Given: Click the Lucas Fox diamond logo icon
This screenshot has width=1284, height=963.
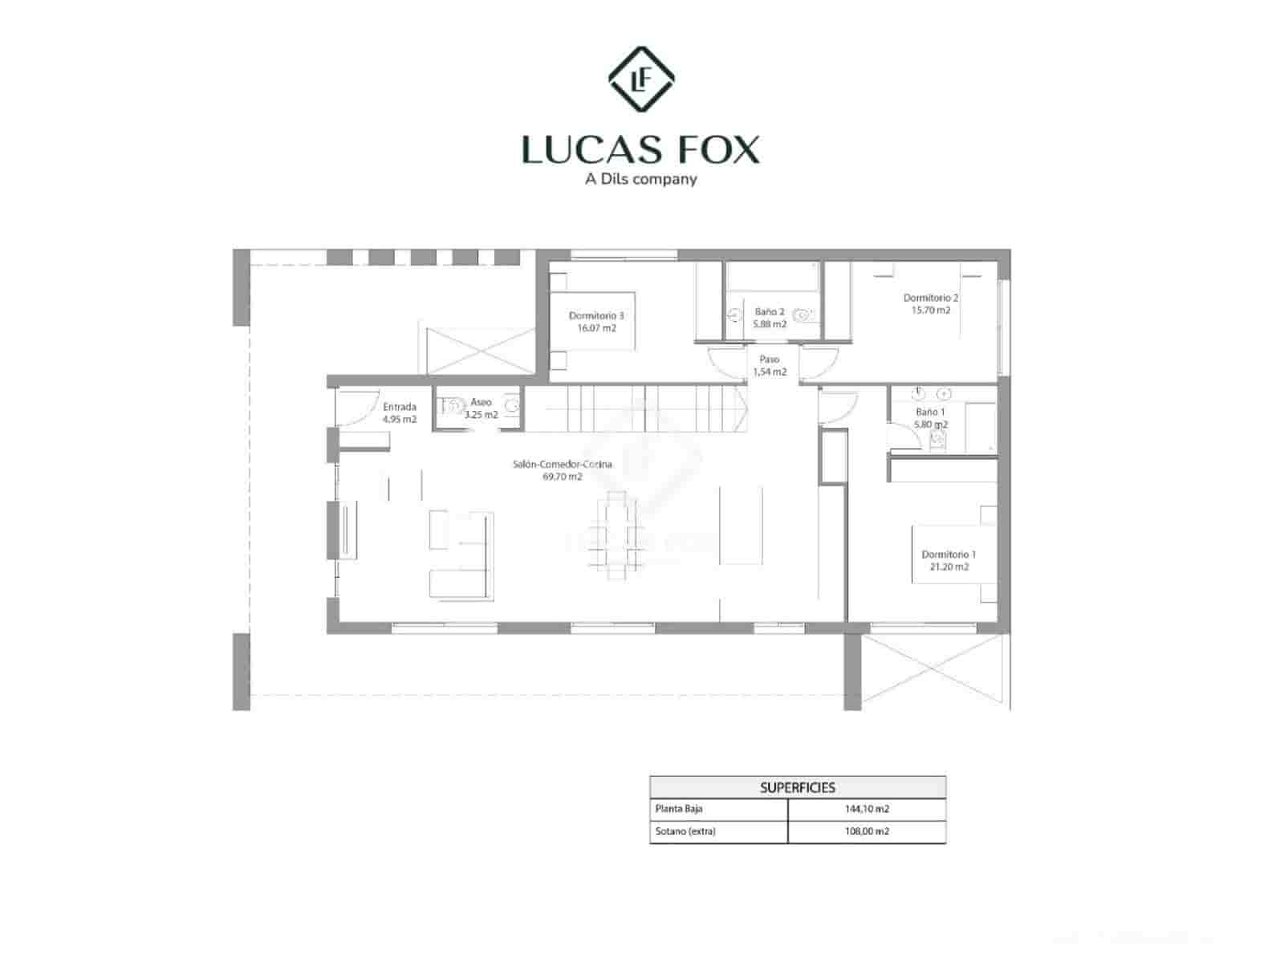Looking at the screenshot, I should click(640, 79).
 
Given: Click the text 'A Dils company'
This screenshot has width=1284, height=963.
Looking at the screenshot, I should click(640, 179).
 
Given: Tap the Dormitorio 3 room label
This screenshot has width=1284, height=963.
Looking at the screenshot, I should click(596, 322).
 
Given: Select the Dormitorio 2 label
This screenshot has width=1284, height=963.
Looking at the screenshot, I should click(930, 303).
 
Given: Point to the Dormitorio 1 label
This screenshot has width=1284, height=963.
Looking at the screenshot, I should click(949, 560).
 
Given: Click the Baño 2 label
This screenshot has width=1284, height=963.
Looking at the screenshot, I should click(770, 318).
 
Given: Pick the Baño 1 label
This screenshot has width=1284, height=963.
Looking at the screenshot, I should click(930, 417).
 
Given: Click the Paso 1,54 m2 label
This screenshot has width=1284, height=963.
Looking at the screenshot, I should click(770, 366).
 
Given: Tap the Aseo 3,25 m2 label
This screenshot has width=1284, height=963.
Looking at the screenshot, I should click(481, 408).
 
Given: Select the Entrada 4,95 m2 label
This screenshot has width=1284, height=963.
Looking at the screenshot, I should click(400, 412).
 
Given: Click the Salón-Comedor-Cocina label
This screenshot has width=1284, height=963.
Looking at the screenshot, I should click(562, 470).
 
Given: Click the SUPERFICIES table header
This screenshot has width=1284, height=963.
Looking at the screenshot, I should click(798, 787).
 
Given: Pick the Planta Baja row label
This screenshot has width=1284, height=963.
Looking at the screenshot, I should click(679, 809).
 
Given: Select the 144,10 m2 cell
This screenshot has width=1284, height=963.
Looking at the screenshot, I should click(867, 809).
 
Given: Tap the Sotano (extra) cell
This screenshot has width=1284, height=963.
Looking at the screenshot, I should click(685, 831).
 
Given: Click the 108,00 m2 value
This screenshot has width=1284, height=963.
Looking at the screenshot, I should click(867, 831).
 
